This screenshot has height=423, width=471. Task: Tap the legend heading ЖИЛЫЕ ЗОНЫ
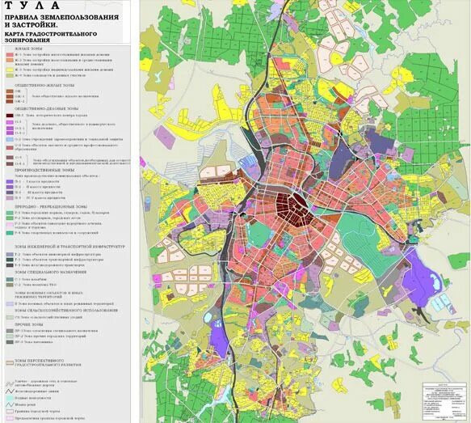[x=22, y=49]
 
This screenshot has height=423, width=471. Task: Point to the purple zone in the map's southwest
[x=216, y=336]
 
